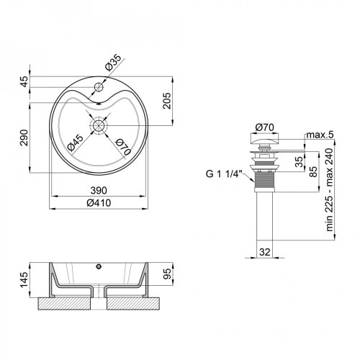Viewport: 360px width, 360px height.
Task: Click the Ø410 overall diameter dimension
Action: click(99, 203)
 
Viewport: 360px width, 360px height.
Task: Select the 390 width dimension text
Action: click(99, 190)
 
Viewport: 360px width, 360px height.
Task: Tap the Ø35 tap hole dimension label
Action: click(112, 63)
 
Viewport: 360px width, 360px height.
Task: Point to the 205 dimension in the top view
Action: click(167, 101)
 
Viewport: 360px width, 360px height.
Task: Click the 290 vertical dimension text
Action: click(24, 138)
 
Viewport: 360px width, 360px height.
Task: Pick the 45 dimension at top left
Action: click(24, 81)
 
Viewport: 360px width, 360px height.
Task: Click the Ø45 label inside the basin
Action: click(76, 143)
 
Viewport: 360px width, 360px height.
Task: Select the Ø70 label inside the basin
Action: click(123, 147)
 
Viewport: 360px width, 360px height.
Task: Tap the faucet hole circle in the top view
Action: click(99, 86)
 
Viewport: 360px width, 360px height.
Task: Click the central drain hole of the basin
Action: click(99, 125)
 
